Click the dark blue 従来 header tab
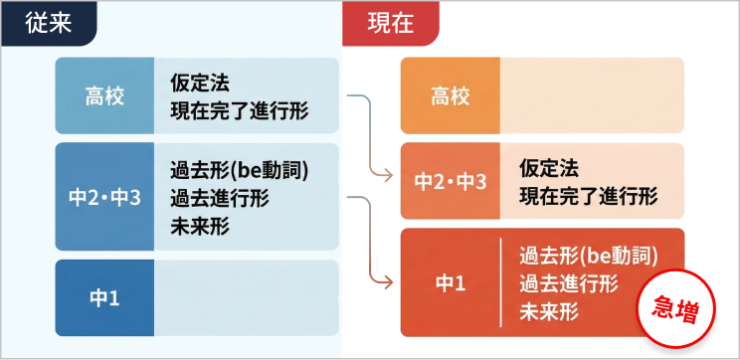pyautogui.click(x=49, y=21)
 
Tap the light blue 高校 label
pyautogui.click(x=104, y=95)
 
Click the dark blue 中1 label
pyautogui.click(x=104, y=297)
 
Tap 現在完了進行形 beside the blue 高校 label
pyautogui.click(x=239, y=109)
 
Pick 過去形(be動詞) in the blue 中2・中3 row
pyautogui.click(x=239, y=169)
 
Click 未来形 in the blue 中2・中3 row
pyautogui.click(x=199, y=226)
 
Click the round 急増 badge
pyautogui.click(x=671, y=309)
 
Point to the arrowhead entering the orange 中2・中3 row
pyautogui.click(x=388, y=177)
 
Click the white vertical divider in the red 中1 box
pyautogui.click(x=499, y=282)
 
